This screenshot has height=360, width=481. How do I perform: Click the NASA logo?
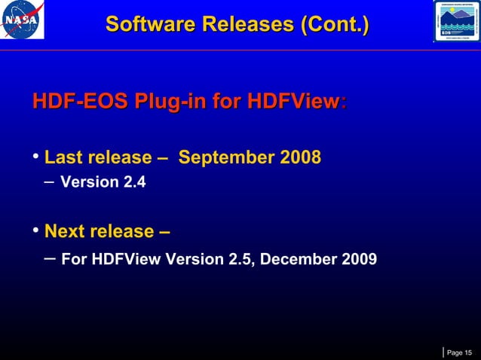(23, 20)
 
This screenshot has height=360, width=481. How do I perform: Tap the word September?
(228, 157)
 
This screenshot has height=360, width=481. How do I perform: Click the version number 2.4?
(133, 182)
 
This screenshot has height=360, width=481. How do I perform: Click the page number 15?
(468, 352)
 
